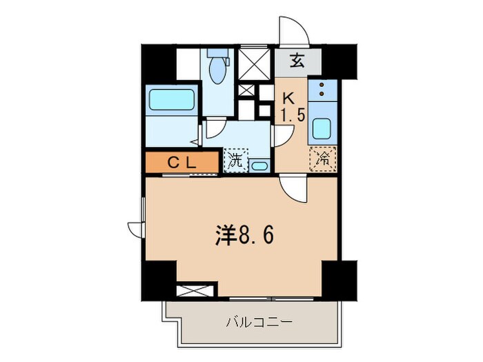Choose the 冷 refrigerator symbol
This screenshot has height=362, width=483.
pyautogui.click(x=323, y=157)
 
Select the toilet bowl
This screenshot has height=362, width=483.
pyautogui.click(x=219, y=70)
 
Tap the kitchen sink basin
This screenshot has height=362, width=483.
pyautogui.click(x=322, y=128)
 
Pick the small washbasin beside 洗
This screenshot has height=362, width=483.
pyautogui.click(x=259, y=165)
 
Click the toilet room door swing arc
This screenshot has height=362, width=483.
pyautogui.click(x=215, y=129)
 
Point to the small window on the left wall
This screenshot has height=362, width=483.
pyautogui.click(x=136, y=228)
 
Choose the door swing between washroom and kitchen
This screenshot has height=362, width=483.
pyautogui.click(x=281, y=136)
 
